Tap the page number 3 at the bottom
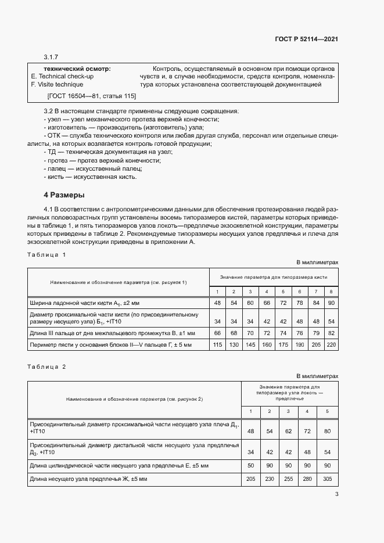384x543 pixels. point(337,494)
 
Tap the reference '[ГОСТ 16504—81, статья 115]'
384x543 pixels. point(91,95)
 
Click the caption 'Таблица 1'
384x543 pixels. point(46,255)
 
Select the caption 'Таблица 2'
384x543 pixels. point(46,367)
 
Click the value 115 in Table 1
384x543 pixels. point(217,345)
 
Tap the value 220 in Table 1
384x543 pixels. point(331,345)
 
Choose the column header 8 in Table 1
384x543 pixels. point(331,291)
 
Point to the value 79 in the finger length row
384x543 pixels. point(315,333)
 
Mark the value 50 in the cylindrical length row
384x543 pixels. point(251,466)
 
